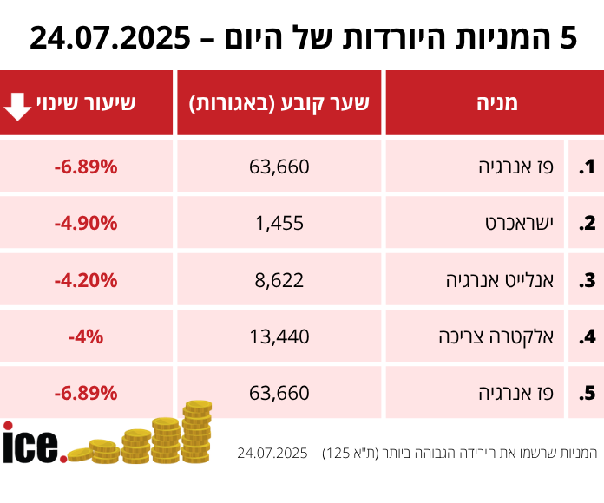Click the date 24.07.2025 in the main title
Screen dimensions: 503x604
point(109,37)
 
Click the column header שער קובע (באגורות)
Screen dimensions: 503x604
point(279,103)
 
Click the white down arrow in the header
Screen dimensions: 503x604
point(17,104)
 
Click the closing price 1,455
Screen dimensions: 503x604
point(279,223)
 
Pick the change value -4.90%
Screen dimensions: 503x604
point(86,223)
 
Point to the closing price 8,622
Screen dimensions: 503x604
point(279,280)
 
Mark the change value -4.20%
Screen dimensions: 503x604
point(86,280)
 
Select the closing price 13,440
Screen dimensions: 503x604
point(279,336)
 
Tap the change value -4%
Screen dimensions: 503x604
point(86,336)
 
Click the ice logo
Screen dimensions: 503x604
point(33,442)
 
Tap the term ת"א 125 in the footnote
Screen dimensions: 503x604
point(349,453)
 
